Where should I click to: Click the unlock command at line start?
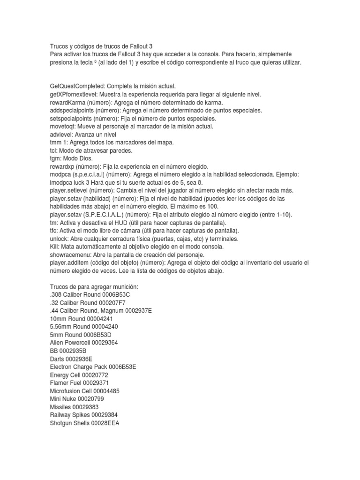(x=59, y=239)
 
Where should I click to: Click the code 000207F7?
(x=110, y=302)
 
